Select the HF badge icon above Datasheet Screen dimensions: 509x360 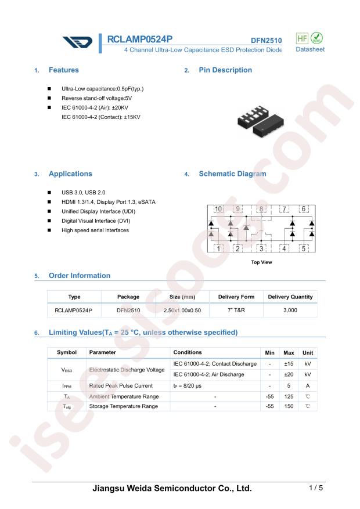(303, 38)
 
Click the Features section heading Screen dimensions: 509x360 (63, 70)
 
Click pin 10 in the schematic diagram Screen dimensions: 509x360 (218, 209)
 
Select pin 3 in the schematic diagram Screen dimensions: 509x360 (262, 248)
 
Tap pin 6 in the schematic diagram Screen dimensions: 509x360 (303, 209)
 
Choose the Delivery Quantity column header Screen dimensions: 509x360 (290, 297)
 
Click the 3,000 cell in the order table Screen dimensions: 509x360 (290, 311)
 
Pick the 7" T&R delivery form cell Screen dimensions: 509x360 (236, 311)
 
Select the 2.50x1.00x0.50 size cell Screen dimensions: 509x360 (182, 311)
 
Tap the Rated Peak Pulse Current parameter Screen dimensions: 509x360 (121, 385)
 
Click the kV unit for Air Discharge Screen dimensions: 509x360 (308, 374)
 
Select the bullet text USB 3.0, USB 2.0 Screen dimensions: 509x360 (84, 192)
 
